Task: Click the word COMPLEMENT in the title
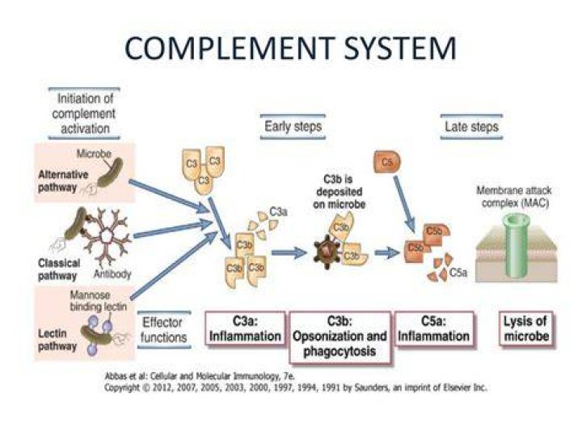point(230,48)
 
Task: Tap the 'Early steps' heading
point(293,127)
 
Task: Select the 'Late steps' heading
point(471,127)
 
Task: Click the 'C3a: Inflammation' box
point(245,329)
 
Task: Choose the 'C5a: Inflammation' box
point(433,329)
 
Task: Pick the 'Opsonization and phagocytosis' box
point(339,337)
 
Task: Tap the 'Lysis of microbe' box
point(526,329)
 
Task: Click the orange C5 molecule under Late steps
point(386,162)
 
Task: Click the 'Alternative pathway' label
point(63,181)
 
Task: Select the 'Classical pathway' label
point(59,269)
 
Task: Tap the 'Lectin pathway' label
point(57,340)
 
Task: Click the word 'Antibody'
point(112,274)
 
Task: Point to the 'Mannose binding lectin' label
point(99,301)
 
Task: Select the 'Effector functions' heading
point(163,330)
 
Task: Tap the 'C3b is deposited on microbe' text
point(339,192)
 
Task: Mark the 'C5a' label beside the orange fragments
point(458,273)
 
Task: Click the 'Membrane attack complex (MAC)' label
point(514,197)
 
